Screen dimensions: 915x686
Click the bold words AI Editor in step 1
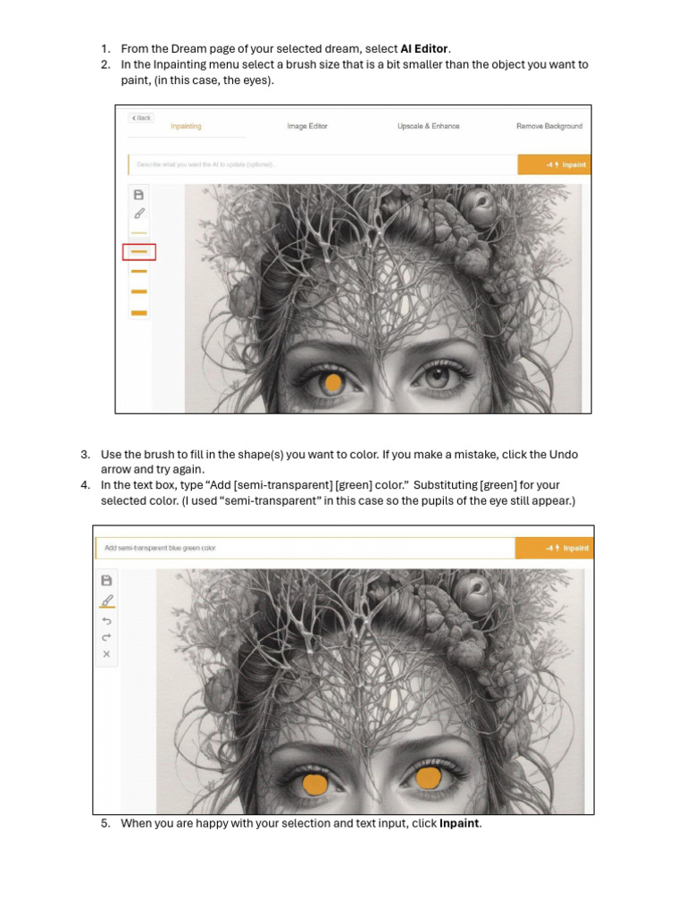click(x=424, y=48)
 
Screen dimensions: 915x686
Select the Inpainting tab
click(x=186, y=126)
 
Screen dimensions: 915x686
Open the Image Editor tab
click(x=307, y=126)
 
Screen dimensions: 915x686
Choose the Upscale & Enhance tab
click(x=429, y=126)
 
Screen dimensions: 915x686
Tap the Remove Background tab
click(x=549, y=126)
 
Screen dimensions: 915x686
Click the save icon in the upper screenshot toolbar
click(x=138, y=194)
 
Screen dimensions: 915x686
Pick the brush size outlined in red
click(x=138, y=252)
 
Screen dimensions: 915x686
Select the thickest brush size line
click(x=138, y=313)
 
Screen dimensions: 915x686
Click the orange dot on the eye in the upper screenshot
click(x=333, y=384)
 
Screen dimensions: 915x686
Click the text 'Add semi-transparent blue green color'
click(x=160, y=548)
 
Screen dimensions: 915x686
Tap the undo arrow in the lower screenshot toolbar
click(x=107, y=620)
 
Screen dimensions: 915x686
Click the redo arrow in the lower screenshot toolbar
click(x=107, y=637)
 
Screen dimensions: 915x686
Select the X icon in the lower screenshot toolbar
click(x=107, y=654)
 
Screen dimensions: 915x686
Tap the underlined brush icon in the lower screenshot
click(x=107, y=600)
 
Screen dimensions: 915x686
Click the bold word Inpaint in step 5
click(x=459, y=823)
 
